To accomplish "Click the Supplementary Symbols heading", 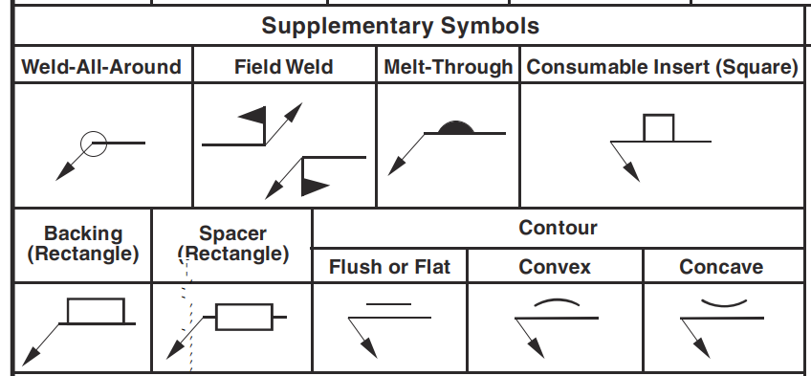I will click(x=400, y=26).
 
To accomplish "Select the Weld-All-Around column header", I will click(x=101, y=67).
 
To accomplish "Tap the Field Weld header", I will click(x=283, y=67).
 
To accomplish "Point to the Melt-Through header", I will click(x=448, y=67).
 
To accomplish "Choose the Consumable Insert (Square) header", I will click(x=663, y=67).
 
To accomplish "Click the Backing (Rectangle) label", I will click(x=83, y=243).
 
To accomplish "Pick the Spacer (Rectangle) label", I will click(x=232, y=243).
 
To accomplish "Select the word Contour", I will click(x=558, y=228).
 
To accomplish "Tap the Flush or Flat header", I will click(x=389, y=267).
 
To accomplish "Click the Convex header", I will click(x=555, y=267).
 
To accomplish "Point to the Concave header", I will click(x=721, y=267).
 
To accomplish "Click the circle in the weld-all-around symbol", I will click(x=93, y=144).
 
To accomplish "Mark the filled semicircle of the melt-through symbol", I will click(x=455, y=127).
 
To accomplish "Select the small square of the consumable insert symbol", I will click(x=659, y=128).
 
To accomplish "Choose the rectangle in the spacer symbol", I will click(x=245, y=317).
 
